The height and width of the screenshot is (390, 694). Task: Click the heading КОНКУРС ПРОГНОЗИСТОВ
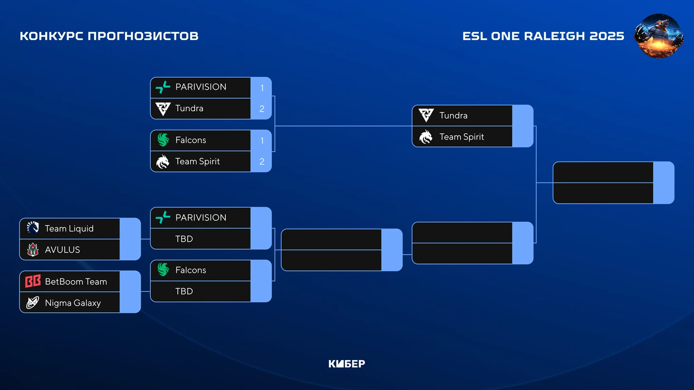pos(109,36)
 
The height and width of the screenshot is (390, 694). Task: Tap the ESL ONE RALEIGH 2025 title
pos(543,36)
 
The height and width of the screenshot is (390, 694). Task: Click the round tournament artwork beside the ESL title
pos(659,36)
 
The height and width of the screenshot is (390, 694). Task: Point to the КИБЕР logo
pos(347,364)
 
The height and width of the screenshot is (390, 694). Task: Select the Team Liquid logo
pos(33,228)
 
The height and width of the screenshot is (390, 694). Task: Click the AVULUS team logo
pos(33,249)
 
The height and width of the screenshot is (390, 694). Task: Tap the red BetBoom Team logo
pos(33,281)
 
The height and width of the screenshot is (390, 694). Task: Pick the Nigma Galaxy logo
pos(33,303)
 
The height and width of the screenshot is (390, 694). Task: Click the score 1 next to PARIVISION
pos(262,88)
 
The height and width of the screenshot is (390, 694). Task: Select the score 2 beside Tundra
pos(262,109)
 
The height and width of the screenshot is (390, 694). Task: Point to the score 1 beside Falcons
pos(262,141)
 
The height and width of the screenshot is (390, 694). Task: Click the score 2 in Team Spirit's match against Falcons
pos(262,162)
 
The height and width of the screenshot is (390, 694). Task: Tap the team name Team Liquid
pos(69,228)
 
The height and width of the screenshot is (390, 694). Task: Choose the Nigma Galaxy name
pos(73,303)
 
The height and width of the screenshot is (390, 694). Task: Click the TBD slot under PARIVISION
pos(184,239)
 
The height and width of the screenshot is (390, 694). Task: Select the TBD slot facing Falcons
pos(184,291)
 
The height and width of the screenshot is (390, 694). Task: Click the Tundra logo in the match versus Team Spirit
pos(426,115)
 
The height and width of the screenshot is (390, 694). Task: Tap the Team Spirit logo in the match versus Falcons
pos(163,162)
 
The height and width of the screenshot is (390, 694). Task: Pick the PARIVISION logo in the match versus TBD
pos(163,218)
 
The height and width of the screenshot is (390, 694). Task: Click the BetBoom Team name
pos(76,282)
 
